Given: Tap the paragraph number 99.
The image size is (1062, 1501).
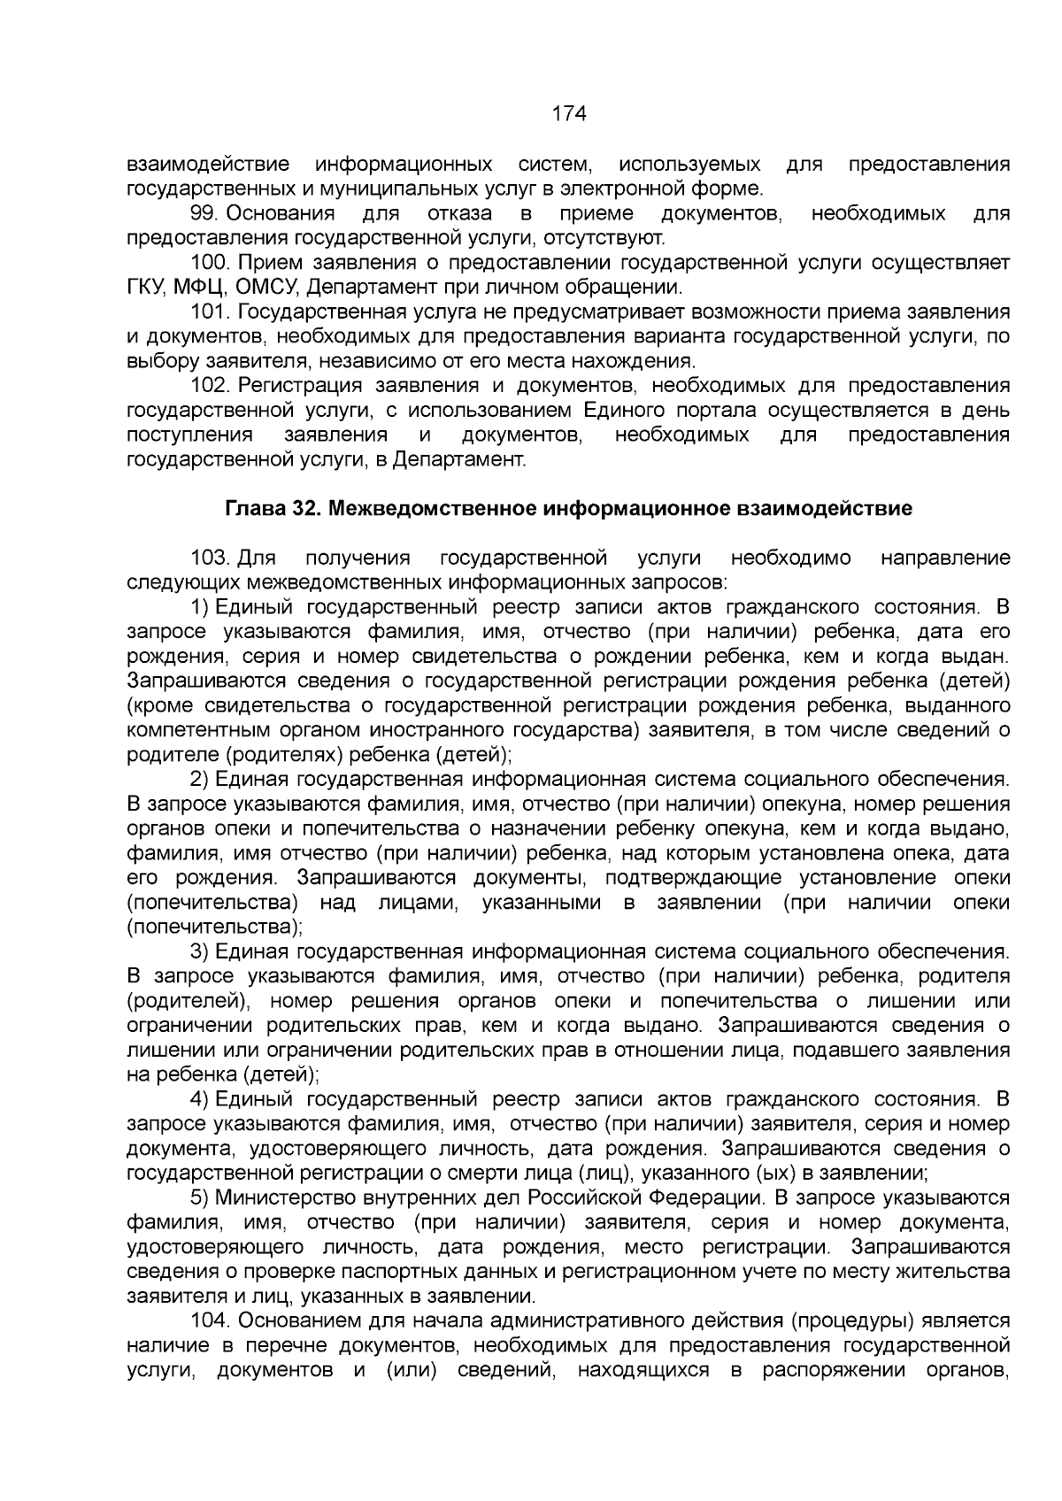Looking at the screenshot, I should click(204, 213).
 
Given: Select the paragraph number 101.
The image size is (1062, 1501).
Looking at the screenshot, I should click(210, 312).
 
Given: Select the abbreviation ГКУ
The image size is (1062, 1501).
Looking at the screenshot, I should click(146, 288).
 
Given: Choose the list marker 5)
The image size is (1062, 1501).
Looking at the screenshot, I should click(199, 1198).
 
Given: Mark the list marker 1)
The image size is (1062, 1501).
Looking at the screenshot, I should click(199, 607).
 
